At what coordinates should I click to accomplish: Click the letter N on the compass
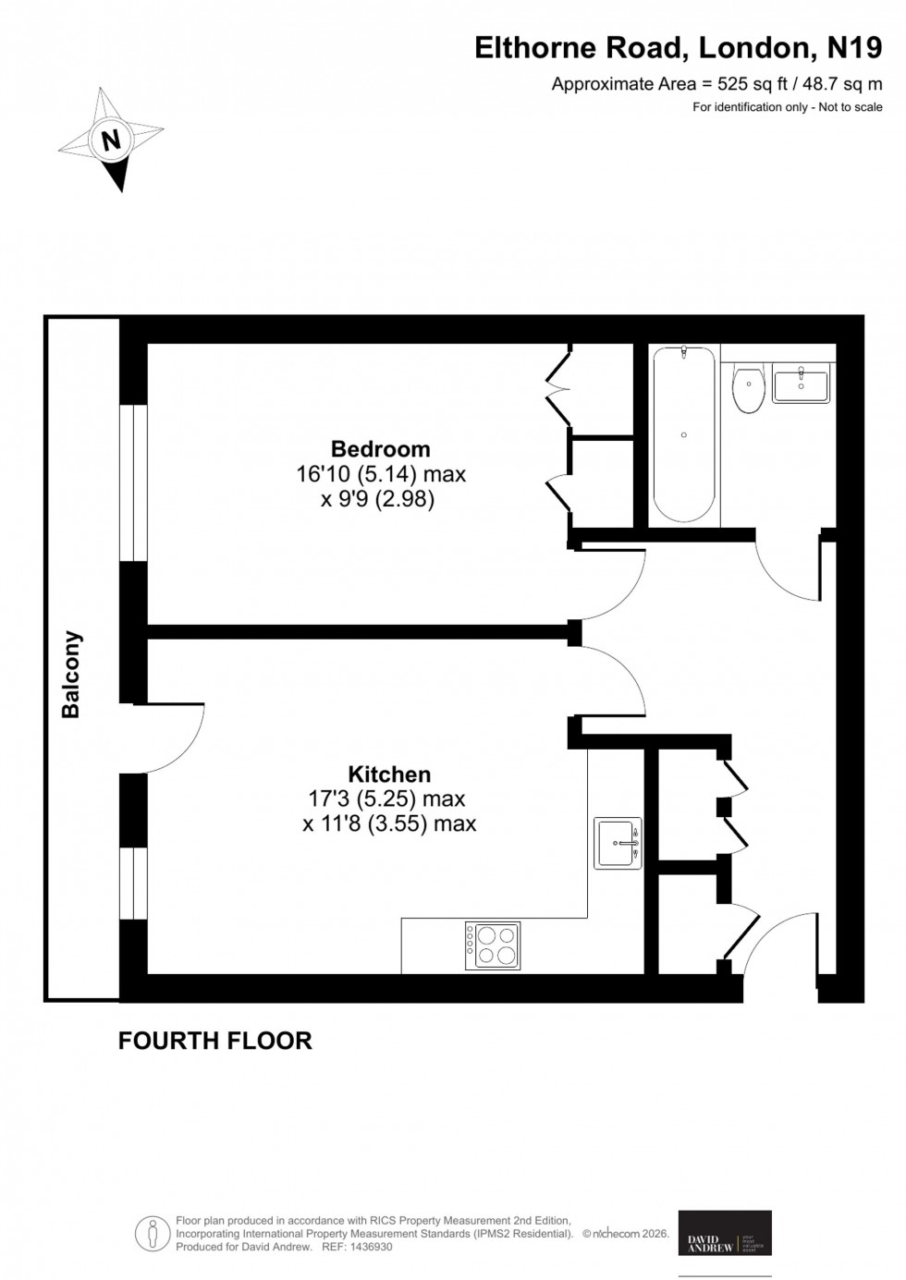tap(112, 140)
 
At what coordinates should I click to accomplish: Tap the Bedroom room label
tap(380, 449)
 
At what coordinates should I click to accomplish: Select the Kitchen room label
tap(389, 774)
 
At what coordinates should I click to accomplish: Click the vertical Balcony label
tap(71, 675)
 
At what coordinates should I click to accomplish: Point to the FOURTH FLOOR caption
tap(214, 1041)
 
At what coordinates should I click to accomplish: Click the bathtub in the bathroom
tap(683, 435)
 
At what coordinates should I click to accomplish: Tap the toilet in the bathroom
tap(747, 388)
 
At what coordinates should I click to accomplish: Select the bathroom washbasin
tap(802, 383)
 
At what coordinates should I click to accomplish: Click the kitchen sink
tap(618, 843)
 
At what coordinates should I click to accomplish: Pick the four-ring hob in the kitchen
tap(496, 945)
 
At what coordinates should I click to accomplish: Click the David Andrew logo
tap(725, 1233)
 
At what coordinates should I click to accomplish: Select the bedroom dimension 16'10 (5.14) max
tap(380, 475)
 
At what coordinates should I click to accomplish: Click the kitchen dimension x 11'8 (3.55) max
tap(389, 823)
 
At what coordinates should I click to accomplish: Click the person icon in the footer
tap(151, 1233)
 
